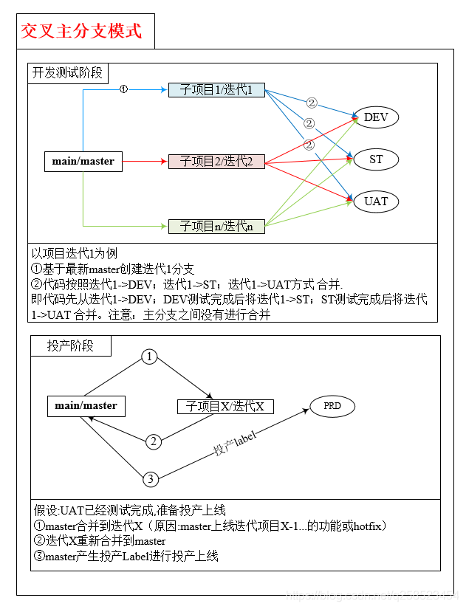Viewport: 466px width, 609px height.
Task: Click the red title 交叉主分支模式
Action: click(x=81, y=31)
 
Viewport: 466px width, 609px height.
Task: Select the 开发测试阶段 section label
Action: click(x=69, y=73)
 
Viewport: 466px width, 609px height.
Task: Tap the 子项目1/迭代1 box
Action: click(x=216, y=90)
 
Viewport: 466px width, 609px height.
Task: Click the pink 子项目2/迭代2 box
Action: click(x=216, y=162)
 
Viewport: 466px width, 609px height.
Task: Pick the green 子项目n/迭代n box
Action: click(x=216, y=226)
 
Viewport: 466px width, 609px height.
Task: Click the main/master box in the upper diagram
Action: click(x=83, y=161)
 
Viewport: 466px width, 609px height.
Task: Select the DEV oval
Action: click(x=377, y=117)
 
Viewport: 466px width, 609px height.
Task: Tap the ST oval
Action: click(x=376, y=159)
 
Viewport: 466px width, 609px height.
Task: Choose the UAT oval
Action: click(x=376, y=201)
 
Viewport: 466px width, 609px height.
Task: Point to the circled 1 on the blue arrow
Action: click(x=123, y=89)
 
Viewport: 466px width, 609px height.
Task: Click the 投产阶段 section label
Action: click(x=71, y=345)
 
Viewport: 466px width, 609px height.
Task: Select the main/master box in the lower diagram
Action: click(x=86, y=405)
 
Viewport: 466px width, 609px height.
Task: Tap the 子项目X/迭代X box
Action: click(x=225, y=406)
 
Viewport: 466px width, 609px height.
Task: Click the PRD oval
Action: click(x=332, y=406)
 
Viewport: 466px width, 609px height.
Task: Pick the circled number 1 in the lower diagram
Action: click(x=151, y=357)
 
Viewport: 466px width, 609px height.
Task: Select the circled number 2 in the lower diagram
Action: click(x=153, y=441)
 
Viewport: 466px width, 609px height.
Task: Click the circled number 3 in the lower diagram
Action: click(x=150, y=479)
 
